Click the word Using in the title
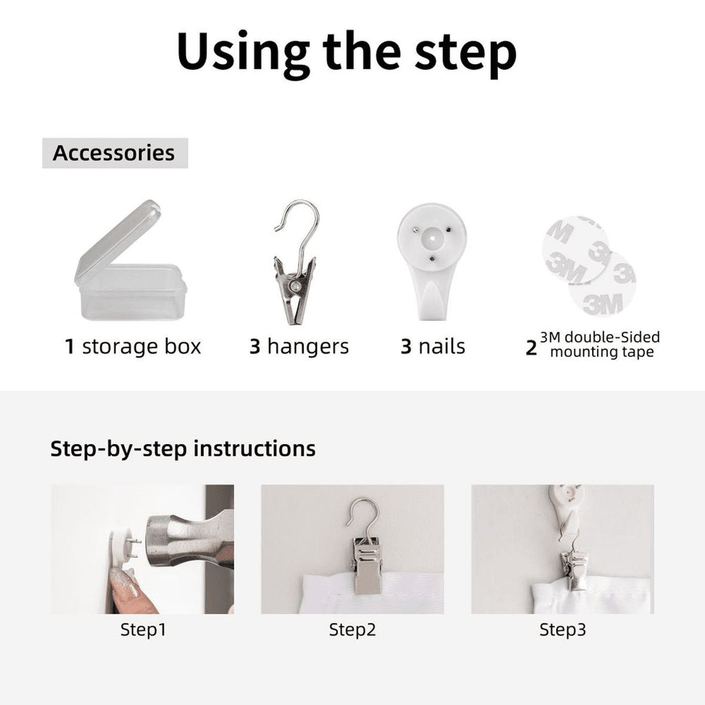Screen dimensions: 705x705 (243, 54)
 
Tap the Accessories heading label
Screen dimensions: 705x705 (114, 153)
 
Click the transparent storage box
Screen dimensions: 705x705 (130, 261)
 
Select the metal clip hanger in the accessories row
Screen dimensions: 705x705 (296, 262)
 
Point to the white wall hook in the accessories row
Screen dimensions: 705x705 (432, 261)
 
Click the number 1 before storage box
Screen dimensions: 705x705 (70, 347)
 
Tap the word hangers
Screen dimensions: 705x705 (308, 347)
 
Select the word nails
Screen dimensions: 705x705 (441, 347)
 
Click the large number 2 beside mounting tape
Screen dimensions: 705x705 (531, 348)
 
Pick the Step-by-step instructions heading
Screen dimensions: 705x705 (183, 449)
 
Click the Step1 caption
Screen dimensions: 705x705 (143, 629)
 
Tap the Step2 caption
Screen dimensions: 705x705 (352, 629)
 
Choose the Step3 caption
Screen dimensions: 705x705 (563, 629)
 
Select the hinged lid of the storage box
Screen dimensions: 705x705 (118, 240)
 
